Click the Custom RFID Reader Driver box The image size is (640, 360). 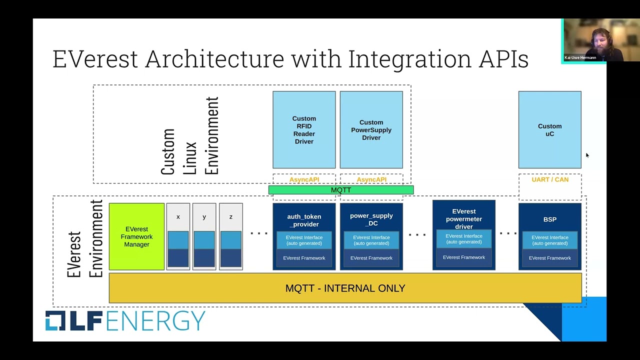pos(304,130)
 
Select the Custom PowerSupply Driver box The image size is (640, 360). pos(371,130)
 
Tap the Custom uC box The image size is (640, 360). pos(549,130)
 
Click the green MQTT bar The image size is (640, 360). pos(341,190)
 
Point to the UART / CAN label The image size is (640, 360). pos(550,179)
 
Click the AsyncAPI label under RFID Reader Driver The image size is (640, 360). pos(304,179)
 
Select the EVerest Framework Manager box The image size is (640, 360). pos(136,236)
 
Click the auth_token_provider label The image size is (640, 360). pos(304,220)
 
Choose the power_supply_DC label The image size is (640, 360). pos(371,219)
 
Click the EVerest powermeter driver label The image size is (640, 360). pos(463,219)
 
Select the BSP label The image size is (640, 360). pos(549,219)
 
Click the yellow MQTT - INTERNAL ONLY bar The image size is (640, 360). pos(345,288)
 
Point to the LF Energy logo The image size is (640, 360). pos(125,320)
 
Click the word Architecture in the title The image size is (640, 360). pos(214,58)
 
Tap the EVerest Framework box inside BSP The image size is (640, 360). pos(549,258)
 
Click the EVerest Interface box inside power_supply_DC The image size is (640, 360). pos(371,240)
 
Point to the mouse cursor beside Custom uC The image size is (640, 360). pos(587,155)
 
